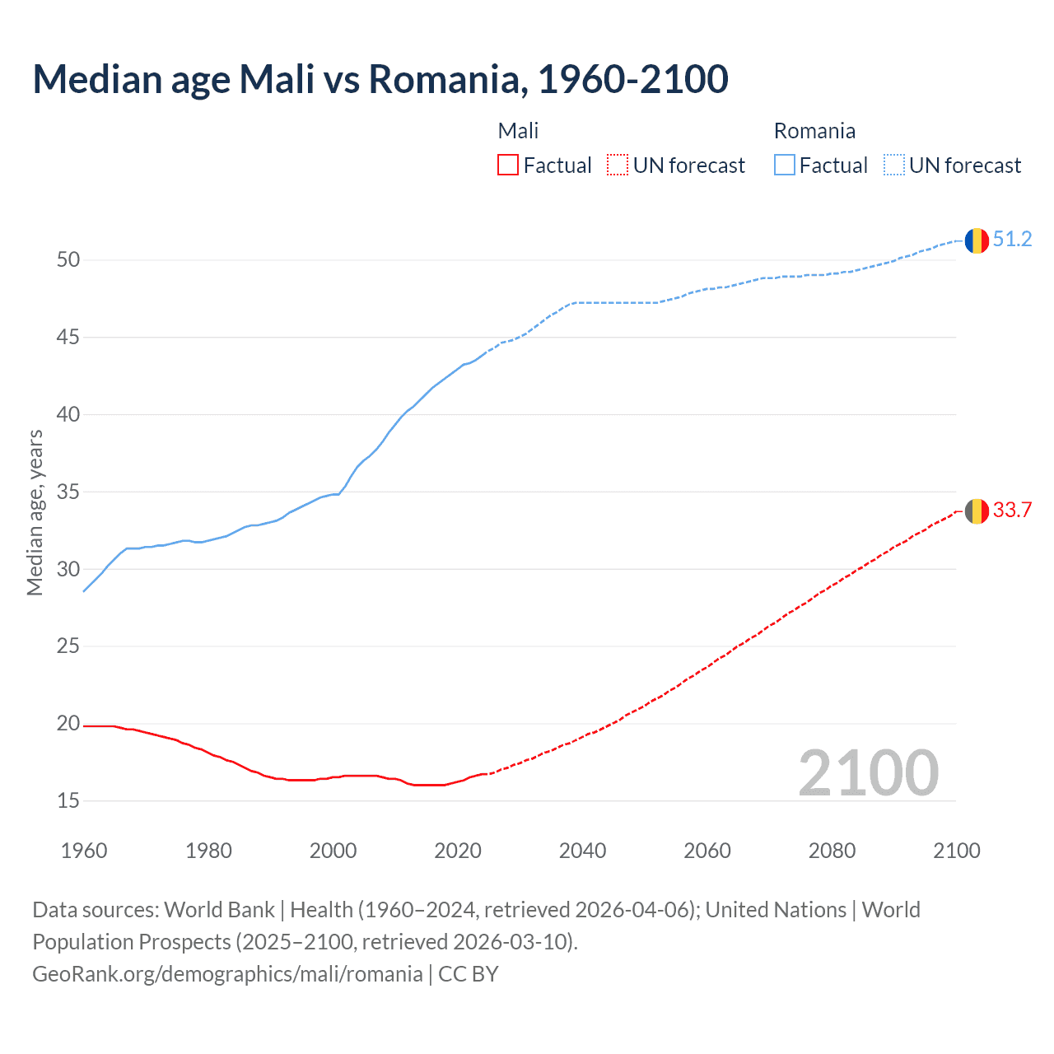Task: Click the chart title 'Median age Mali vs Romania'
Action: [380, 79]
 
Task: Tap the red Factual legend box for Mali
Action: [508, 165]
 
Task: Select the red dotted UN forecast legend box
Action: [618, 165]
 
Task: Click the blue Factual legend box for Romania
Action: [785, 165]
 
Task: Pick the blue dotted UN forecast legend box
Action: [893, 165]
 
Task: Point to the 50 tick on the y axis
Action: [68, 260]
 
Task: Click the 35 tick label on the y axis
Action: [68, 492]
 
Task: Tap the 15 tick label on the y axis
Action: [68, 800]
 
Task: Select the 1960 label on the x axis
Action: [84, 851]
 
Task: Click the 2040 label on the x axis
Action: [582, 851]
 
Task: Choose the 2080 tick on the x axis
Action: [832, 851]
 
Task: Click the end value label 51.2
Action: [1012, 240]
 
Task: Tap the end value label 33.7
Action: [1012, 511]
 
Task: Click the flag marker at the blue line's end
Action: [977, 240]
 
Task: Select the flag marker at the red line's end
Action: [977, 511]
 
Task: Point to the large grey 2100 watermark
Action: [868, 772]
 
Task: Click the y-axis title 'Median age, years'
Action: [35, 512]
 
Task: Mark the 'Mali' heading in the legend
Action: [518, 131]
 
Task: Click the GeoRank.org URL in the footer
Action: [227, 974]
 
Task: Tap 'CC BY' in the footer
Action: [469, 974]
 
